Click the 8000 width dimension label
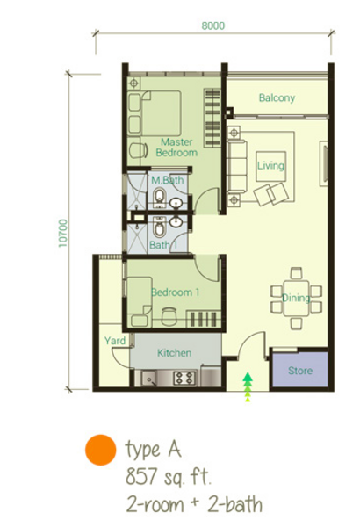click(x=212, y=25)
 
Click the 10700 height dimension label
click(x=63, y=233)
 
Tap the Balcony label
click(x=277, y=97)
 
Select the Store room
click(x=299, y=370)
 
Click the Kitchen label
click(x=174, y=352)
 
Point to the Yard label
click(x=115, y=341)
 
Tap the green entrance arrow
click(x=248, y=386)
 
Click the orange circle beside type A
click(x=100, y=450)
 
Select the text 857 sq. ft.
click(x=169, y=477)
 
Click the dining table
click(x=296, y=299)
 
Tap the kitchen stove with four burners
click(x=184, y=378)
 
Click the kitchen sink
click(x=148, y=378)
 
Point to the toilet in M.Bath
click(x=159, y=197)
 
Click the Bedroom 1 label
click(x=175, y=292)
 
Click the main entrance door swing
click(x=252, y=344)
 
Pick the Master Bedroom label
click(x=176, y=148)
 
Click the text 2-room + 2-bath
click(x=194, y=505)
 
